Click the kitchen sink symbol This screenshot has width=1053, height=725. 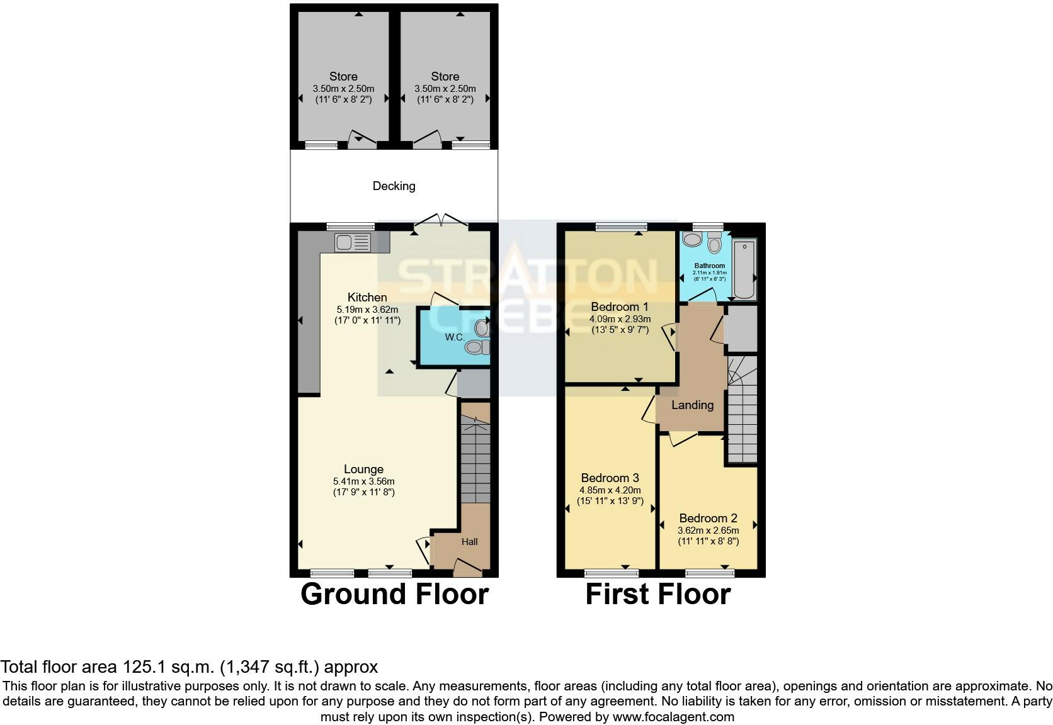[353, 242]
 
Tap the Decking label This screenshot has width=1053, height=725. [394, 186]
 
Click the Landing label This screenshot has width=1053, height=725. [692, 405]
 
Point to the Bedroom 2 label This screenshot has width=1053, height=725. [708, 518]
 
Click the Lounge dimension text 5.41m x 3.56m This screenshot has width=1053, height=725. [363, 481]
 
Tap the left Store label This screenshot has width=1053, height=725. [343, 76]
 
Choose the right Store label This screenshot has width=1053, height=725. [445, 76]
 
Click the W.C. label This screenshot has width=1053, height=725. [455, 337]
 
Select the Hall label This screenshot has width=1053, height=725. [469, 541]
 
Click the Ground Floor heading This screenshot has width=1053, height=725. [394, 594]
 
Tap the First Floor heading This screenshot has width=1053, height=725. [657, 594]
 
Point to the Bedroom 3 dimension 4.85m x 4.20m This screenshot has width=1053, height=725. [610, 490]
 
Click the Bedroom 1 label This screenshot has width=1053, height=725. [619, 306]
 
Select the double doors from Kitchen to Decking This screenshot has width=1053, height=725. [441, 220]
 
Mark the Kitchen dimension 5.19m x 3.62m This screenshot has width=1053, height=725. [367, 310]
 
